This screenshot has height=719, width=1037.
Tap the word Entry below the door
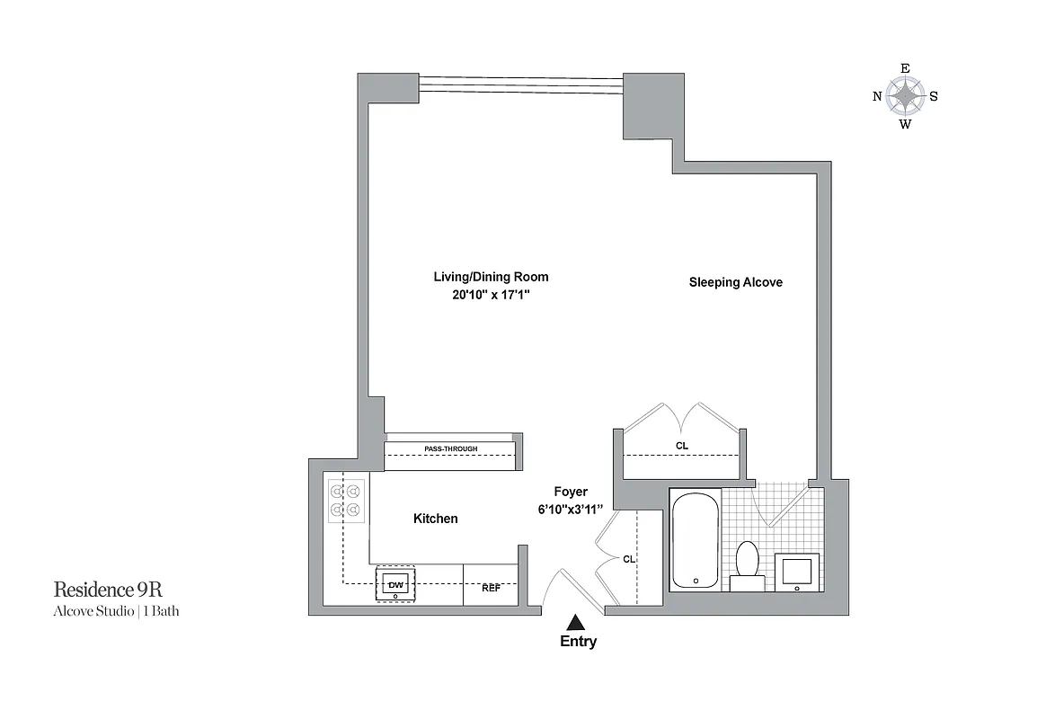coord(578,642)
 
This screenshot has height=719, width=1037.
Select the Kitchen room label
coord(435,519)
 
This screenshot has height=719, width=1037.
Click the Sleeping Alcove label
coord(735,282)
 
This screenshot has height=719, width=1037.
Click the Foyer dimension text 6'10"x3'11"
coord(571,509)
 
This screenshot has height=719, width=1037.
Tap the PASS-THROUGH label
coord(450,448)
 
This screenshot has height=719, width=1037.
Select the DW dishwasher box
coord(395,585)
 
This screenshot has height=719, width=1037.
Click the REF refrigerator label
coord(491,588)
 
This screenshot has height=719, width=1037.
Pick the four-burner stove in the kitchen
coord(346,501)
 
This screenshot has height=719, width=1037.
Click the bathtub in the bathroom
coord(696,539)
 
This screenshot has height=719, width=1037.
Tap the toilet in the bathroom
coord(747,565)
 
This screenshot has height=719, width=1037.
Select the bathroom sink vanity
coord(798,572)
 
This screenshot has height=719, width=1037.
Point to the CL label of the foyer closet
coord(629,559)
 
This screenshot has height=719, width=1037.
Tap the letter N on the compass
coord(877,97)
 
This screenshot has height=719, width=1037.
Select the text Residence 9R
coord(108,590)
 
